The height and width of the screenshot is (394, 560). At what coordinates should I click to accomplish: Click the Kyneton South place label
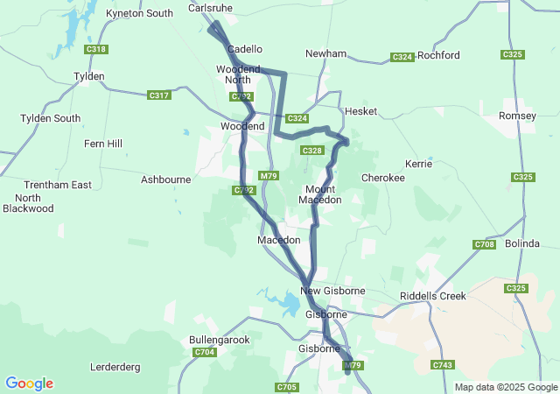pos(139,14)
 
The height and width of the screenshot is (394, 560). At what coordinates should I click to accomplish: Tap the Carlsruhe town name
pos(210,8)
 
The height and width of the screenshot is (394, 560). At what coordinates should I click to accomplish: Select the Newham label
pos(326,54)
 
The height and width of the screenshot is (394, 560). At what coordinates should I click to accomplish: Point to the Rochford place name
pos(438,55)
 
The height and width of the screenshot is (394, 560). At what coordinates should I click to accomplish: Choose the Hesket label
pos(360,112)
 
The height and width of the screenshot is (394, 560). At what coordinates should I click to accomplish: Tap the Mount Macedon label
pos(319,194)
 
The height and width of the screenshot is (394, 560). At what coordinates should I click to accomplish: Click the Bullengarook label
pos(220,340)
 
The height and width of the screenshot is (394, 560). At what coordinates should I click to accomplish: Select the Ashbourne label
pos(165,179)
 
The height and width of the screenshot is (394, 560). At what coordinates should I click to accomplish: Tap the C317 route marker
pos(159,95)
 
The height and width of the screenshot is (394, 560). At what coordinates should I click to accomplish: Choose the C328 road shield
pos(311,151)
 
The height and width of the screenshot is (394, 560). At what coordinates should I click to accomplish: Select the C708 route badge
pos(484,244)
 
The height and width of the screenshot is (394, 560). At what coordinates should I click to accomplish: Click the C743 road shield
pos(442,364)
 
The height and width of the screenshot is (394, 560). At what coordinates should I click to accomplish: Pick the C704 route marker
pos(204,353)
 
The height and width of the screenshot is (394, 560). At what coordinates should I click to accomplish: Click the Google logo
pos(29,383)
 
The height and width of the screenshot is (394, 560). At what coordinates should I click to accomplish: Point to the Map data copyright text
pos(505,388)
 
